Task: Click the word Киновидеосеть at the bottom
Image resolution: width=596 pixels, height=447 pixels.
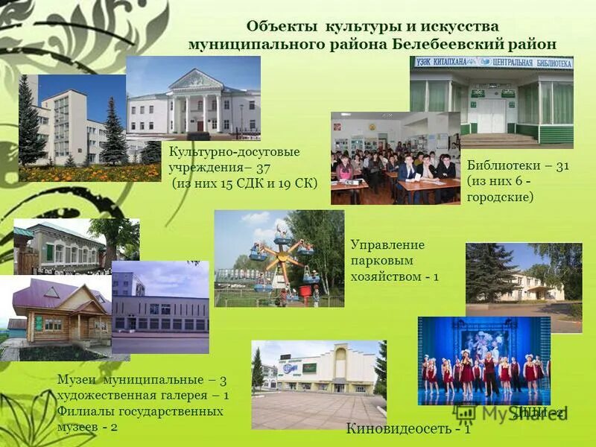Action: (399, 429)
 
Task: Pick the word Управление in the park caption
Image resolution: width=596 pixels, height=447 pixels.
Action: (387, 245)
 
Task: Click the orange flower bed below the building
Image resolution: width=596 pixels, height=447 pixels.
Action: (89, 173)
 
